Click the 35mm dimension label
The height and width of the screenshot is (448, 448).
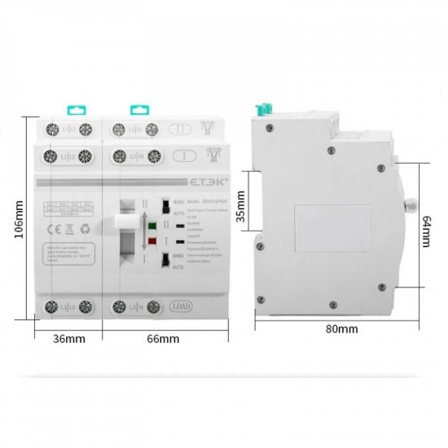(239, 207)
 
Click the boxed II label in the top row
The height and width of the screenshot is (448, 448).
(181, 130)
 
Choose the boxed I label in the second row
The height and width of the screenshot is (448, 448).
(182, 154)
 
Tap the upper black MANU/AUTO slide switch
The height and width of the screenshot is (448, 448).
(166, 204)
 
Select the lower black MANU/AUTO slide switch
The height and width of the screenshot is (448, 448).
(166, 260)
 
